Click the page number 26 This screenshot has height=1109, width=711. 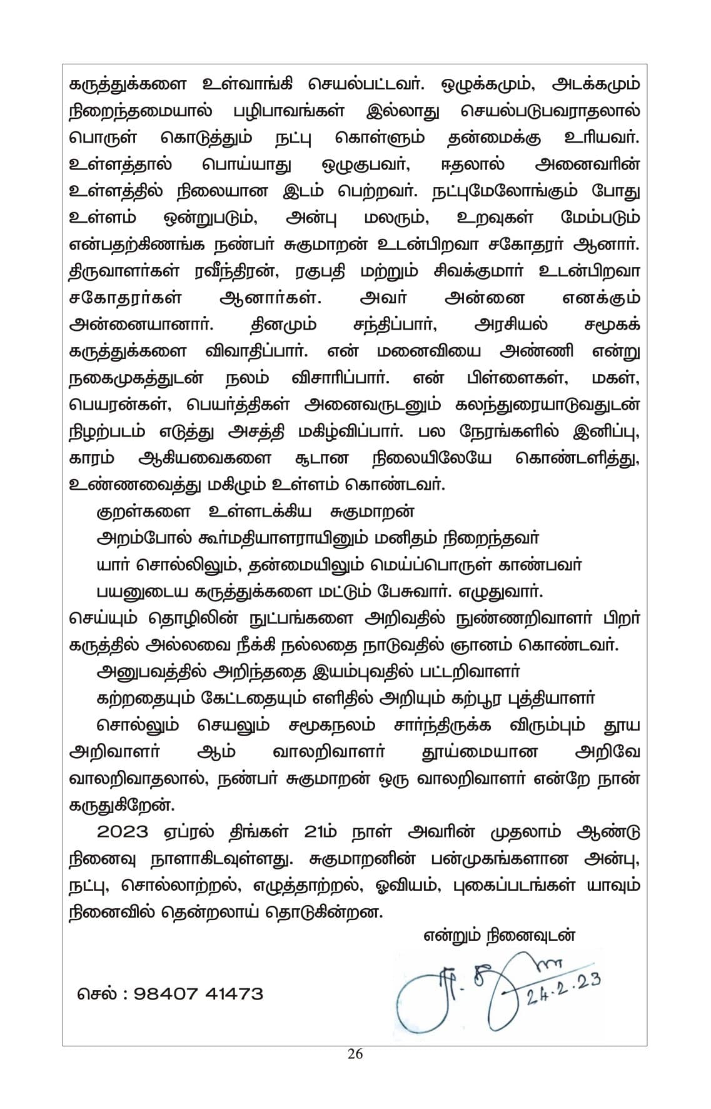click(355, 1054)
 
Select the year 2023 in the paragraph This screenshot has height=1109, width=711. click(123, 833)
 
